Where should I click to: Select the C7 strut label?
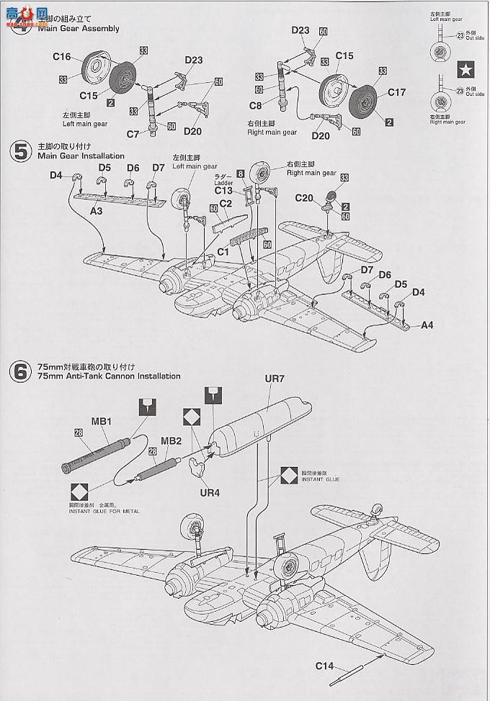point(132,134)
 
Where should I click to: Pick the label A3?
point(97,211)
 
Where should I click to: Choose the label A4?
point(427,325)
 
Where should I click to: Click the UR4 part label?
point(210,494)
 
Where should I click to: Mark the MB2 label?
point(170,440)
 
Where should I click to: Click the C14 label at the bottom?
point(324,666)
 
